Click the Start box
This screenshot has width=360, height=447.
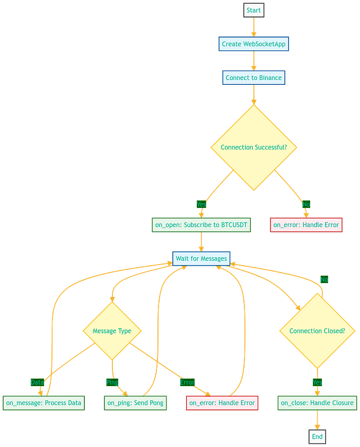(x=253, y=11)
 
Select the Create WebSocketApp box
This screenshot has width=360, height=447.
(x=254, y=44)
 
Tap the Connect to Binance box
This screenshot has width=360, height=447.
(x=254, y=77)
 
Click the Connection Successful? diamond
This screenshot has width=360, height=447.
(x=254, y=147)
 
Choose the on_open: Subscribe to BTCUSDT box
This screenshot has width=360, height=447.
(x=201, y=225)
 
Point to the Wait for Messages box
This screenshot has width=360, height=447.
(x=201, y=259)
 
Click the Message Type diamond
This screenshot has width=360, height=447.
(x=112, y=331)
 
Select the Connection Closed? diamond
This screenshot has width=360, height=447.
(x=317, y=331)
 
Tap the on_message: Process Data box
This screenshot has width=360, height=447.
(x=43, y=403)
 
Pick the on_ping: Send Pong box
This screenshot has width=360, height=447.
(x=135, y=403)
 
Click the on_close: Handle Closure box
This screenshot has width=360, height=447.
(x=317, y=403)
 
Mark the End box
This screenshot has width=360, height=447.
(x=317, y=437)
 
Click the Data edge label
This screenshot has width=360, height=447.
(x=37, y=382)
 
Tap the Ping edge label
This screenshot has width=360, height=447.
(x=112, y=382)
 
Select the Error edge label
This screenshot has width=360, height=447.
(x=187, y=382)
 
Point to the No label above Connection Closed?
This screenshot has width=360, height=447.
(x=324, y=279)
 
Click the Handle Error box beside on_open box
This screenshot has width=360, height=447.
(x=306, y=225)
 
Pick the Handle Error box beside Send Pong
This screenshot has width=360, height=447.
(x=222, y=403)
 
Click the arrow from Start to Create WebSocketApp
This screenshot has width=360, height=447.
(x=253, y=27)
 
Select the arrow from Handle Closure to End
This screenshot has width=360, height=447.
(x=317, y=420)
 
